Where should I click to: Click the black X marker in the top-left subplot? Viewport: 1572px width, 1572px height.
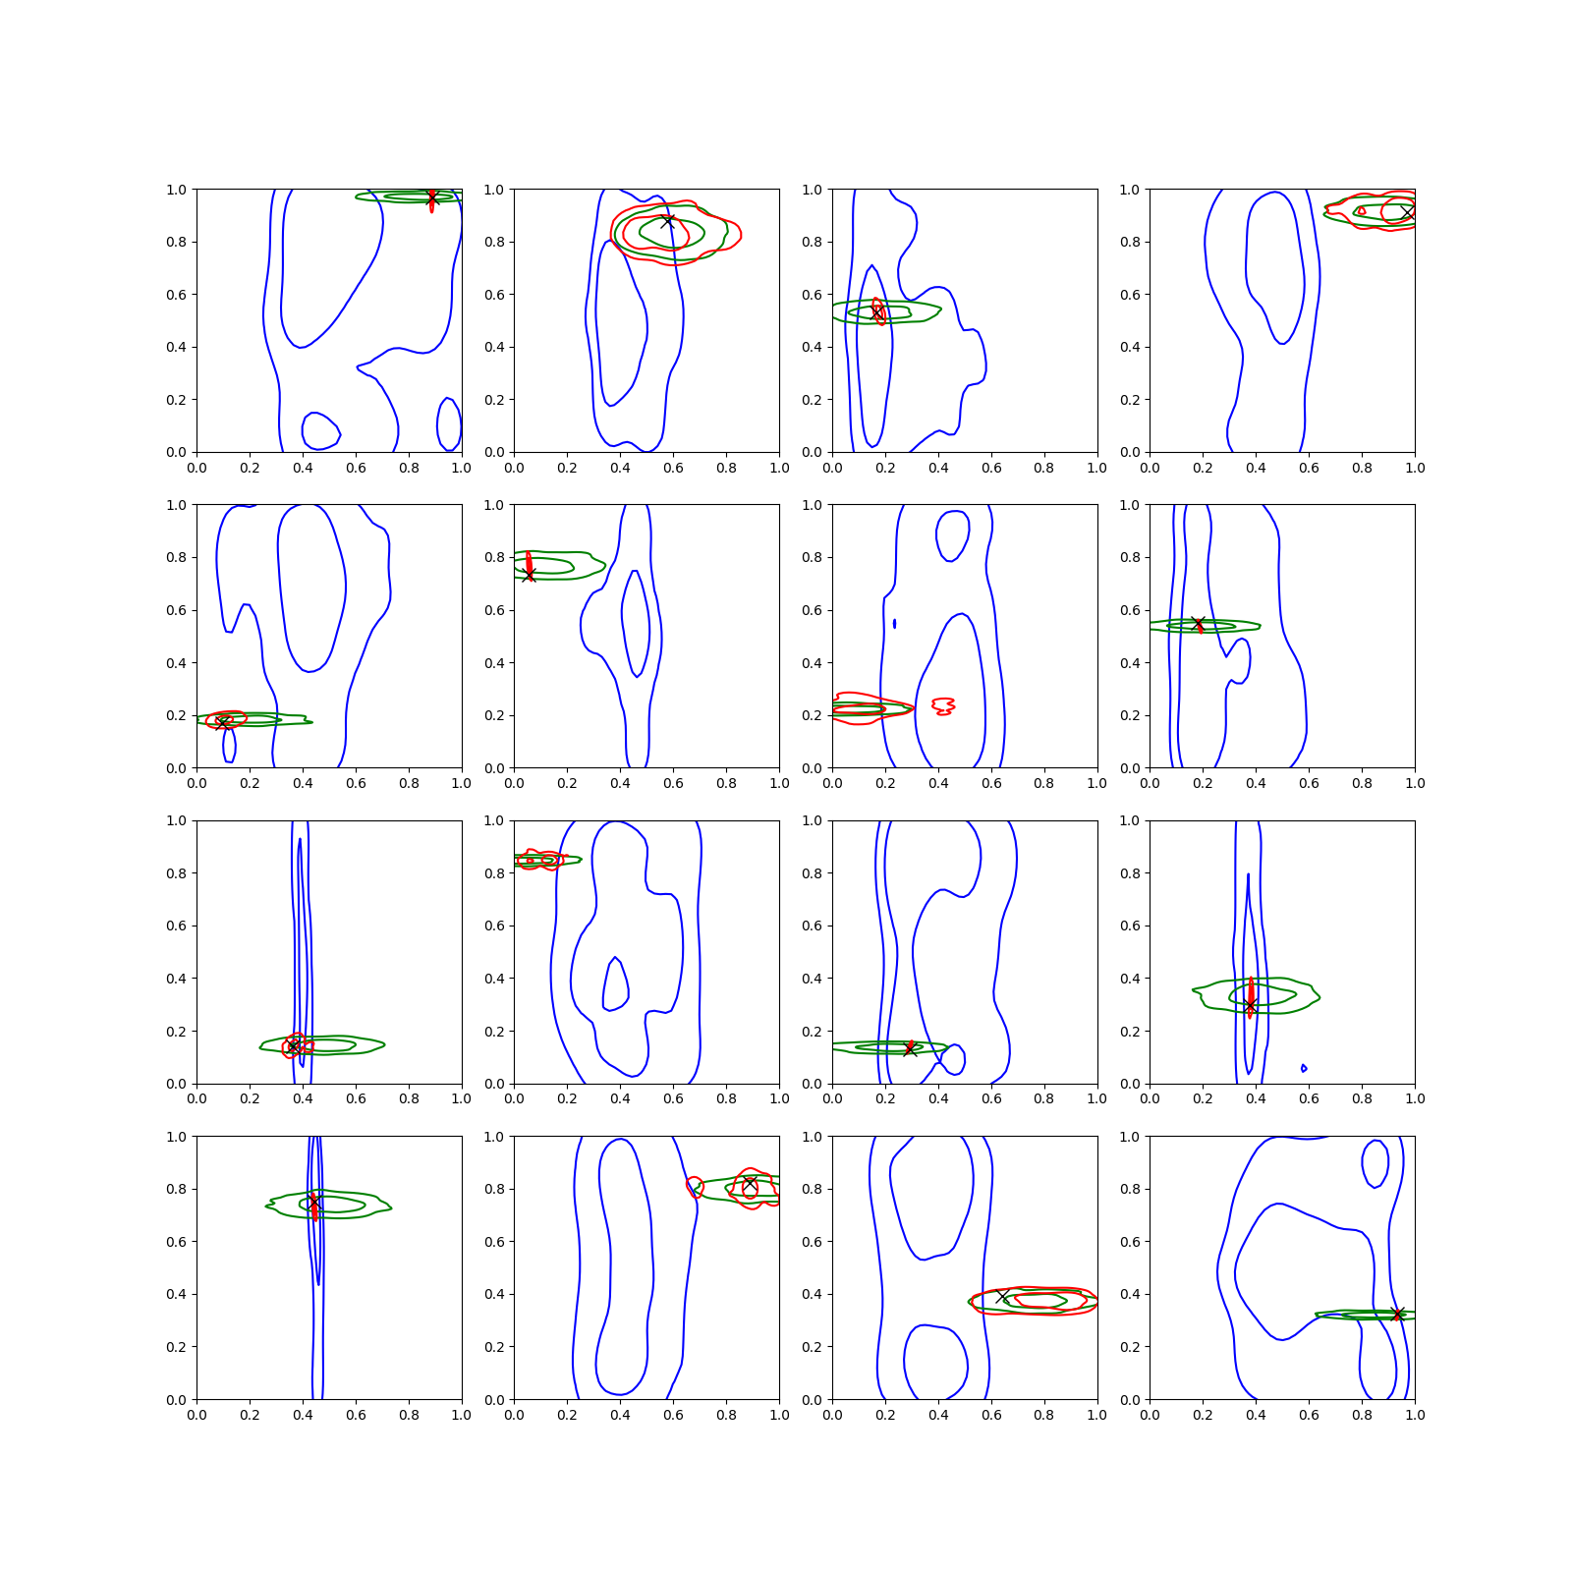(431, 199)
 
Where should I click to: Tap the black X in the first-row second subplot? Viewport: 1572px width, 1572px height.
(668, 221)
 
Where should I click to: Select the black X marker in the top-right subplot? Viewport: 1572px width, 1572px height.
(1407, 212)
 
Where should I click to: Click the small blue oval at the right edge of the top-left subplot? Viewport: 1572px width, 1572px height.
(449, 423)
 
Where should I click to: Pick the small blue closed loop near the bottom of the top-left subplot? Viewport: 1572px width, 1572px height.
(321, 430)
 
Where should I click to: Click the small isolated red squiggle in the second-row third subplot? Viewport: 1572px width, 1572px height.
(943, 705)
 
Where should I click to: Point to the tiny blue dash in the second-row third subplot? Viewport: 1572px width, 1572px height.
(894, 624)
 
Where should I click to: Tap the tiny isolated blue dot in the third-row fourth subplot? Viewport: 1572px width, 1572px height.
(1304, 1068)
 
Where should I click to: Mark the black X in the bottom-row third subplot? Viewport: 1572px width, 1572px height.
(1002, 1297)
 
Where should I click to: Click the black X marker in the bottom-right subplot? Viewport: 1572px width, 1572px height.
(1398, 1315)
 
